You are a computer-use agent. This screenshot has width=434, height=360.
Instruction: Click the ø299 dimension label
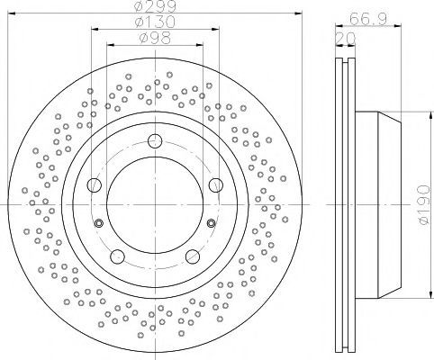(155, 6)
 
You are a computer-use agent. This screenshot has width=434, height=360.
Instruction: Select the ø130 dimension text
(155, 22)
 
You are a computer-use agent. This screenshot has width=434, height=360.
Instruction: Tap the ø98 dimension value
(155, 38)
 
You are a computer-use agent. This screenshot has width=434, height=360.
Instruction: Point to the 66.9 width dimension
(367, 19)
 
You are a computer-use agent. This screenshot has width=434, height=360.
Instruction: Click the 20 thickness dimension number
(345, 39)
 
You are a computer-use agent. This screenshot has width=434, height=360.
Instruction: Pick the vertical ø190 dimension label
(424, 205)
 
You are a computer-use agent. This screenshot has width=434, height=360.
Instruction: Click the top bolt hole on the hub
(155, 140)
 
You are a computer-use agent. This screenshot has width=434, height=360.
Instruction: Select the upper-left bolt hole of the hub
(95, 184)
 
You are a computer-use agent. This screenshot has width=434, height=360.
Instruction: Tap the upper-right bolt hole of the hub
(216, 184)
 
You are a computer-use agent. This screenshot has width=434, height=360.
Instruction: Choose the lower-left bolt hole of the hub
(117, 256)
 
